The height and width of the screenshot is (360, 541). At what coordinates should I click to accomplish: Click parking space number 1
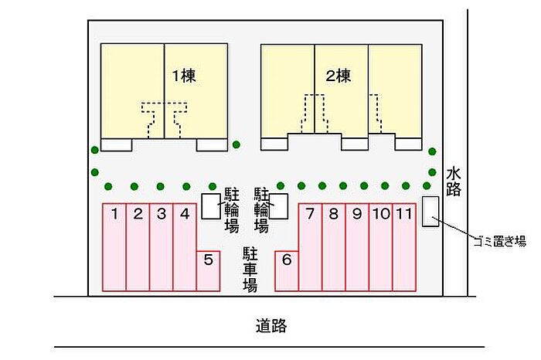tap(114, 247)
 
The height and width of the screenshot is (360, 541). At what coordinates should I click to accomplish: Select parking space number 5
tap(208, 271)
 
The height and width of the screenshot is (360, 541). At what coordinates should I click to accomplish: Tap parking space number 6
tap(287, 271)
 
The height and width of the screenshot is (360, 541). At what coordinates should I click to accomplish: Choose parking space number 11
tap(404, 247)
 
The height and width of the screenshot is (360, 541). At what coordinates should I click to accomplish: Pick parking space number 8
tap(334, 247)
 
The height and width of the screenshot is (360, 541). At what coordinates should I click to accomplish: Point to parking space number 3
tap(161, 247)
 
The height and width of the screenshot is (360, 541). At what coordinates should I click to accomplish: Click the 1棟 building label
tap(184, 76)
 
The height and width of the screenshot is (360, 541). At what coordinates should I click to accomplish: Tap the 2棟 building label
tap(339, 76)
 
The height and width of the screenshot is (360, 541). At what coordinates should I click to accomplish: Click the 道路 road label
tap(271, 325)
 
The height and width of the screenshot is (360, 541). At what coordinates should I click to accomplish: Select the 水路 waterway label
tap(454, 182)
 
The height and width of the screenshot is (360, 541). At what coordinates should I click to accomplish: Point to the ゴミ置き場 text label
tap(500, 241)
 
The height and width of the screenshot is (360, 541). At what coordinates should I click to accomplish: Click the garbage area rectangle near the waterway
tap(430, 212)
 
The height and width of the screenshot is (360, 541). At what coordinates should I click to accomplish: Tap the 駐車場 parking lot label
tap(250, 270)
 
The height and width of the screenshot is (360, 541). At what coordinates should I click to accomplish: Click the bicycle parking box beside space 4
tap(211, 206)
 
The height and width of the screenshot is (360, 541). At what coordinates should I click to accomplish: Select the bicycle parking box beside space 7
tap(278, 206)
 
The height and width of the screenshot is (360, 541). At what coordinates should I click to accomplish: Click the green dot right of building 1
tap(236, 144)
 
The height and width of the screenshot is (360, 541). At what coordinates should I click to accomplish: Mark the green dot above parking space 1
tap(108, 186)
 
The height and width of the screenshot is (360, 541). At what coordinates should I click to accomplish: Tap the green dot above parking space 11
tap(406, 186)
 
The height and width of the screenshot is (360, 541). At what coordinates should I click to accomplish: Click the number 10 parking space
tap(380, 247)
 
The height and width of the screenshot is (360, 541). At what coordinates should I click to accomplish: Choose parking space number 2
tap(138, 247)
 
